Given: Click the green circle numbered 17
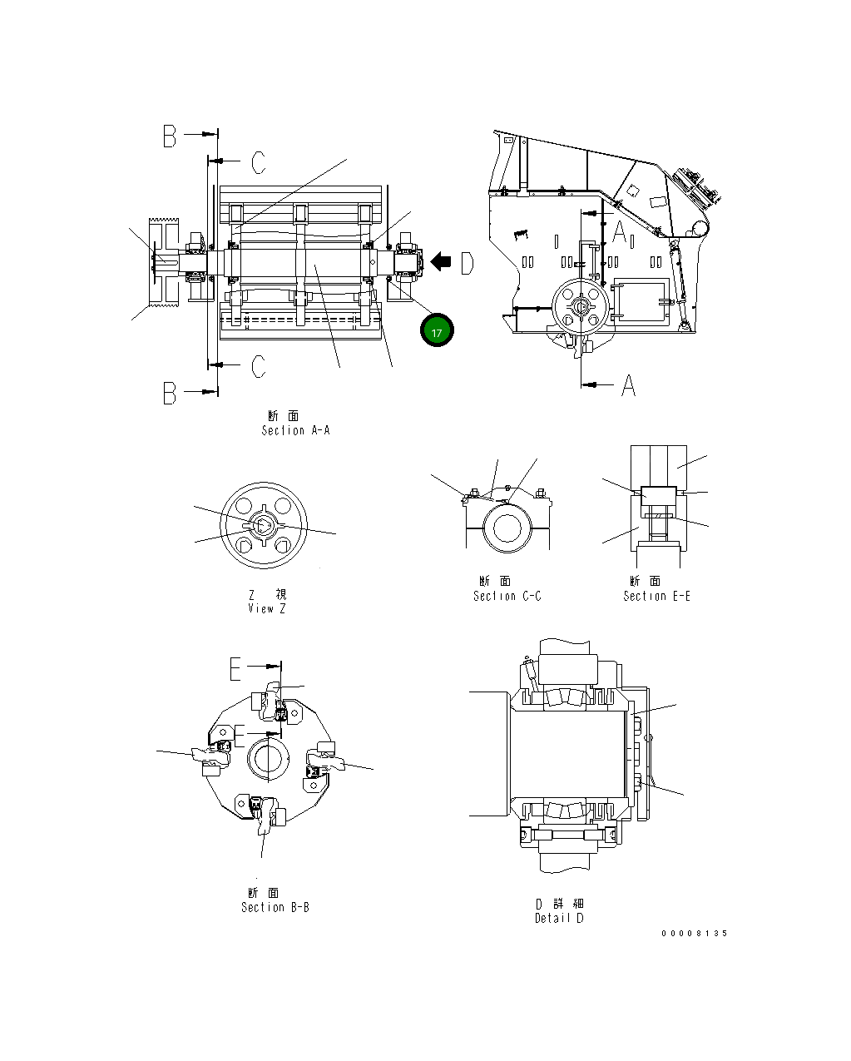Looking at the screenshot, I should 436,330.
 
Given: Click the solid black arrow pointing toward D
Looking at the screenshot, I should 441,263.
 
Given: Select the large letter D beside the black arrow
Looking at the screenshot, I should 467,264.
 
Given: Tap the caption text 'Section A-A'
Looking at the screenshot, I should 295,430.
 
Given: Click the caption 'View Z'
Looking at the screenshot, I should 266,608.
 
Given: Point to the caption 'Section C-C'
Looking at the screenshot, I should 507,596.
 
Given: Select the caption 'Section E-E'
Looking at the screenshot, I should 656,596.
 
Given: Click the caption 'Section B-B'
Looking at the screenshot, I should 275,907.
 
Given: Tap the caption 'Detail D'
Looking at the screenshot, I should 559,918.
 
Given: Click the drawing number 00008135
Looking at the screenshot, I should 694,933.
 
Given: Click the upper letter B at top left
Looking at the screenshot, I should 170,136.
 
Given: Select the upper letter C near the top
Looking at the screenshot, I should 259,162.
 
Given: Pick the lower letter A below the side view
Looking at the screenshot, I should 629,385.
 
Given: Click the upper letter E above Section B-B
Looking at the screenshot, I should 236,668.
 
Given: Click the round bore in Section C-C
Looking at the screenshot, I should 507,529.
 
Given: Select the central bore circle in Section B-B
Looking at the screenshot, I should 268,757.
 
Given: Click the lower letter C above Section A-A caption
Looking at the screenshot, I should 259,366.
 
